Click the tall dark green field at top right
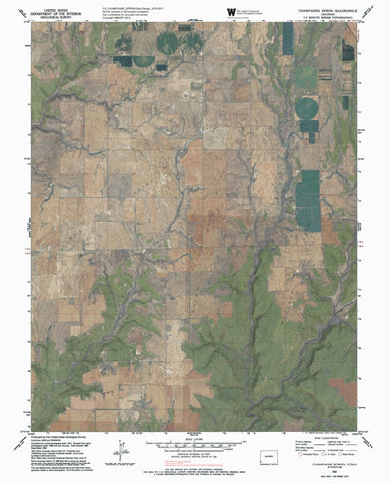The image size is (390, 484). point(288,39)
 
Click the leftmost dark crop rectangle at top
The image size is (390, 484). point(124,60)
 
